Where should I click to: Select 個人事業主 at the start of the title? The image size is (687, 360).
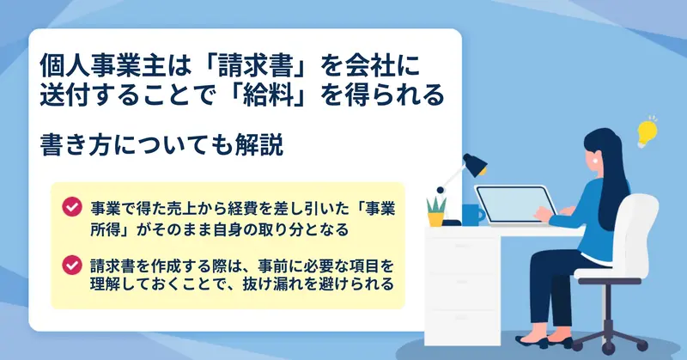[x=102, y=66]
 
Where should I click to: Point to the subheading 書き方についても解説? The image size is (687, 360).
[x=161, y=145]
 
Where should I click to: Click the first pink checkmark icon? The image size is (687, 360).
[x=72, y=206]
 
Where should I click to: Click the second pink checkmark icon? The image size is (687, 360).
[x=72, y=265]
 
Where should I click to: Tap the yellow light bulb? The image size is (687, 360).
[x=647, y=131]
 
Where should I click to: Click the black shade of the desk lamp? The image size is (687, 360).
[x=476, y=164]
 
